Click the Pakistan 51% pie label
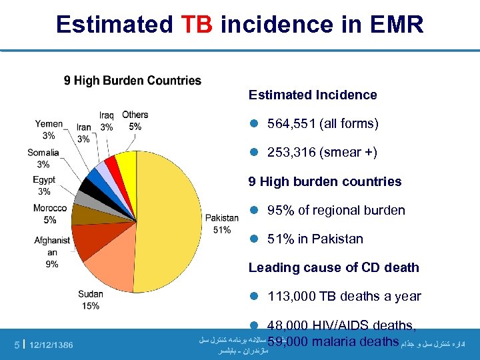click(222, 224)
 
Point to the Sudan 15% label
click(91, 300)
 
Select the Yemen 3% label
click(49, 129)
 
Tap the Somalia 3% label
click(43, 158)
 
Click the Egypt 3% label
click(44, 185)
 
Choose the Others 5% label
click(135, 121)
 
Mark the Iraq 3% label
click(107, 121)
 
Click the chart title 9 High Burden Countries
click(133, 81)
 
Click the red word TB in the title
click(197, 25)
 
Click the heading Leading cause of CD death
click(334, 267)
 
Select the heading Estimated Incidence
click(313, 95)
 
